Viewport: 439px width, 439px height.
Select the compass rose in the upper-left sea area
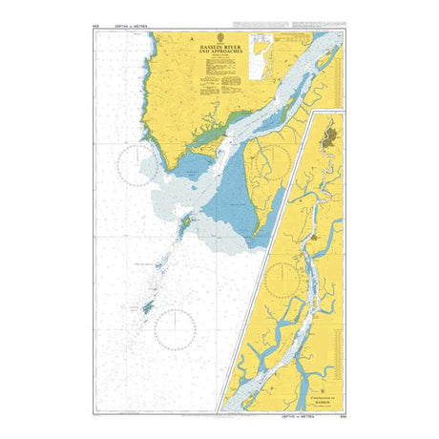point(137,164)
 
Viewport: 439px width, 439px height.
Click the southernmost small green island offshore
point(148,307)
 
